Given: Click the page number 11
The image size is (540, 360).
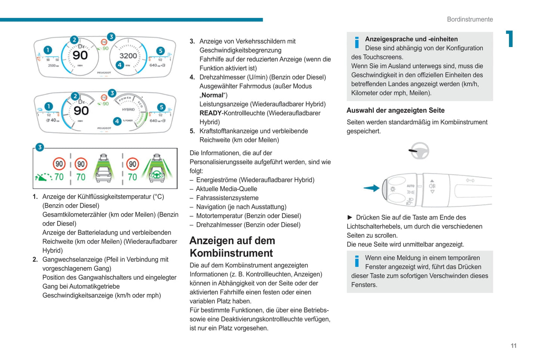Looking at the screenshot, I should pos(513,346).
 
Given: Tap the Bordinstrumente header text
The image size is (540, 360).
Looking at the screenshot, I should pos(470,19).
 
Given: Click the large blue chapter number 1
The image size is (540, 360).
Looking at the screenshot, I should pos(509,39).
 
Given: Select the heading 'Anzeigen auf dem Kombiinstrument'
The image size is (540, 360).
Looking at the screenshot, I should pos(232,247).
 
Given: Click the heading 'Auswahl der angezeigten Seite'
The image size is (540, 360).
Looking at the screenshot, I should pos(395,110).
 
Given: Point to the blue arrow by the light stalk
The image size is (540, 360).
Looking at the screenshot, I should pos(371,188).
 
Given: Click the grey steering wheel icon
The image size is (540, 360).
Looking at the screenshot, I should pos(419,151).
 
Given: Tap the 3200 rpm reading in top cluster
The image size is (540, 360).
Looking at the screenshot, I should pos(128,56).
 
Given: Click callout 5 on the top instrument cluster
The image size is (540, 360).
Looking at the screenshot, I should pos(160,51).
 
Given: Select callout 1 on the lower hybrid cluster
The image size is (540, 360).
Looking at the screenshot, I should pos(49,106).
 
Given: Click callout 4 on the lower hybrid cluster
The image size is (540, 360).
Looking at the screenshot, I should pos(117,121).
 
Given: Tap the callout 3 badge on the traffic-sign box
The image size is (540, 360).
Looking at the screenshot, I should pos(40,147).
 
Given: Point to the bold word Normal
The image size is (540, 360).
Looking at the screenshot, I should pos(212,95).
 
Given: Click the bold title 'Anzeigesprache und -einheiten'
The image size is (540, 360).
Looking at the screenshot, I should pos(411,39).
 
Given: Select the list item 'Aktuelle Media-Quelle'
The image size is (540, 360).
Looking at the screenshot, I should pos(226,189).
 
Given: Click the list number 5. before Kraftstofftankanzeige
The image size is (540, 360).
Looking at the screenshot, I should pos(192,131).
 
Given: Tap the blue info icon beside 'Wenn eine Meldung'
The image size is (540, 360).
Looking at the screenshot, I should pos(357,261).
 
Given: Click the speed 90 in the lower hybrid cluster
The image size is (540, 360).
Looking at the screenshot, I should pos(81,111).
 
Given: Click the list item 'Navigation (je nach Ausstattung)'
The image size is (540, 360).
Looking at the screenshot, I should pos(241,207).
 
